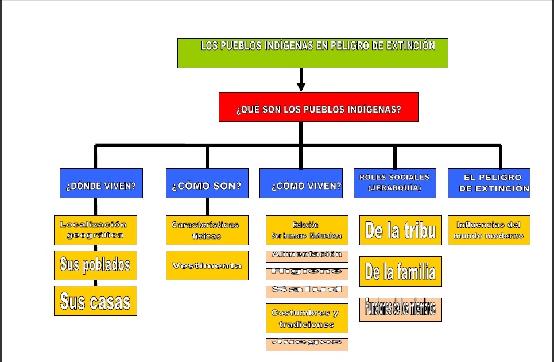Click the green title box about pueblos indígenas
tap(312, 53)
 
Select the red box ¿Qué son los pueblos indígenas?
tap(318, 107)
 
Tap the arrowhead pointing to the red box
tap(301, 87)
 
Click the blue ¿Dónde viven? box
tap(101, 183)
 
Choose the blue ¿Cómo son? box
tap(207, 183)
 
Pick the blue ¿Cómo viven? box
tap(301, 183)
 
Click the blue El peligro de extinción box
tap(489, 183)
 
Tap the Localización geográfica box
tap(95, 230)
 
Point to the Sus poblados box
tap(95, 264)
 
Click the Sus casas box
tap(95, 301)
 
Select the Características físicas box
tap(207, 230)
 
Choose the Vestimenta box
tap(207, 265)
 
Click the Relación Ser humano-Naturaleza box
tap(307, 230)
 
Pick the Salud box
tap(307, 291)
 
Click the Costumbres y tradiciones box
tap(307, 318)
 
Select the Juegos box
tap(307, 344)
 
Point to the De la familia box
tap(400, 271)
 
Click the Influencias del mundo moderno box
tap(489, 230)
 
